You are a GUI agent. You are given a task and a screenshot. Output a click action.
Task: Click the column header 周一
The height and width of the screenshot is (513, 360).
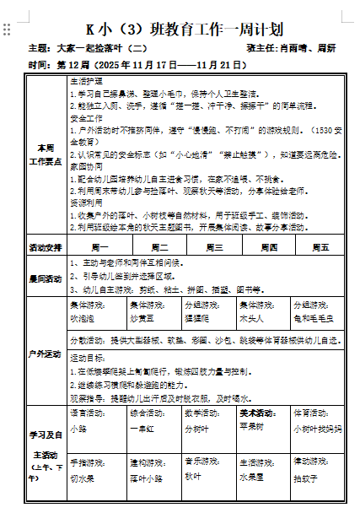99,248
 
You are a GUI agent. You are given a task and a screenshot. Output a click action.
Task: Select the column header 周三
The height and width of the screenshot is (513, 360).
210,248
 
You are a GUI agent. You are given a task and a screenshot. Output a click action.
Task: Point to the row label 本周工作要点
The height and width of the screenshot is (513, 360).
46,154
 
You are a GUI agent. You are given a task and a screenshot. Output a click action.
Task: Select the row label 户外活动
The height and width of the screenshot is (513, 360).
46,353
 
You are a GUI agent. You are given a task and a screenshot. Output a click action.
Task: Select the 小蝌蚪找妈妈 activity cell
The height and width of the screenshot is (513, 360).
318,429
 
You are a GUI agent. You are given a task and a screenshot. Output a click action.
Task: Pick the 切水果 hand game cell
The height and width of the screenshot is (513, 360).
84,478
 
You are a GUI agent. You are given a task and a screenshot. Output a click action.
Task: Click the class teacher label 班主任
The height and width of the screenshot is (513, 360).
261,48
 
